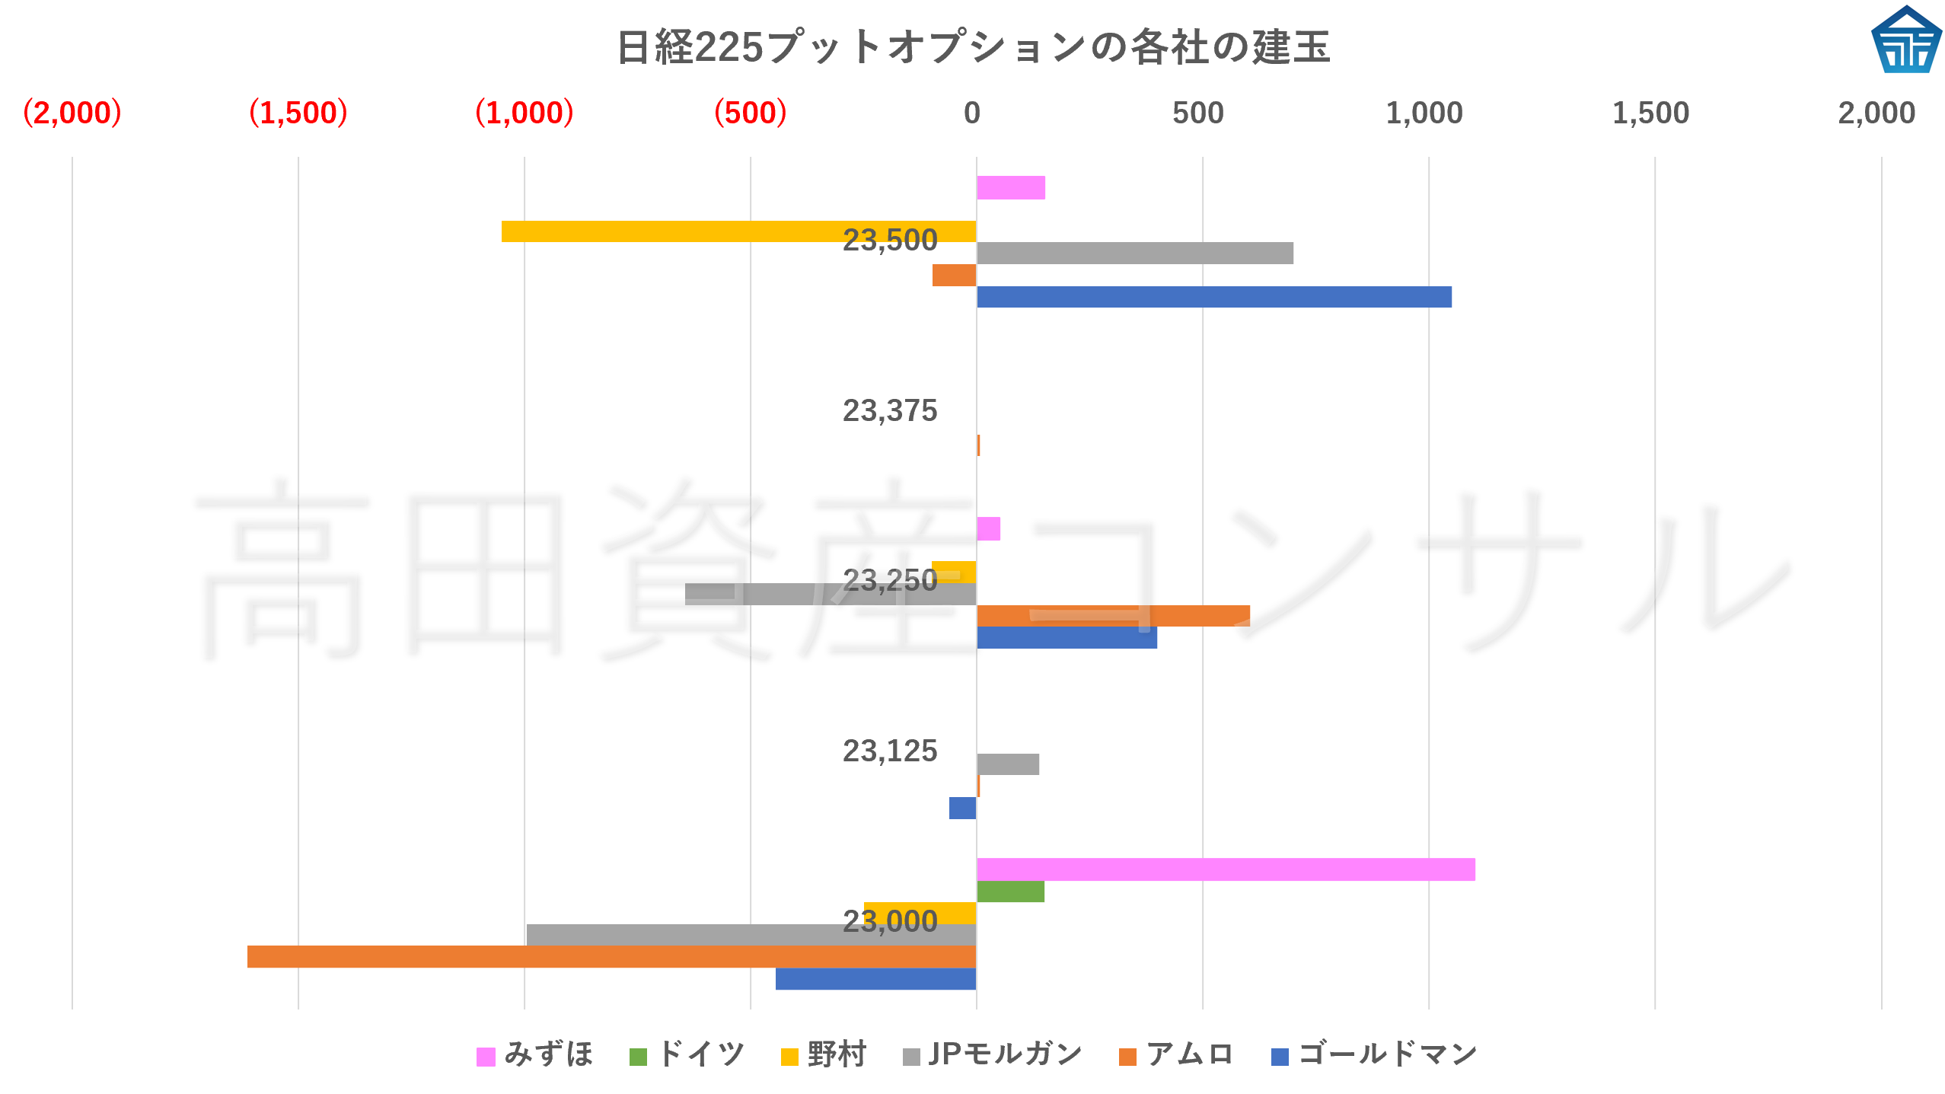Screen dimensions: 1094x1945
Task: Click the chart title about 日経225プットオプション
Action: pos(973,47)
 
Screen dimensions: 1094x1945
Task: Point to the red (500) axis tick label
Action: pos(750,113)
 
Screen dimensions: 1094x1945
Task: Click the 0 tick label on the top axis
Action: pos(971,113)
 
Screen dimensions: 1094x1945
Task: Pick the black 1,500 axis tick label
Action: pos(1650,113)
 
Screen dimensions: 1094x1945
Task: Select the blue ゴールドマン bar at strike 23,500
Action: pos(1213,297)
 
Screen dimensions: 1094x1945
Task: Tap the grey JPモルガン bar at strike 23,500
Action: pos(1134,254)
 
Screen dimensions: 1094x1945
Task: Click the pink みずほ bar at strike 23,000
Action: pos(1226,869)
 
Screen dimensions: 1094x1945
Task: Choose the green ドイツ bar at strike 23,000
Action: pos(1010,891)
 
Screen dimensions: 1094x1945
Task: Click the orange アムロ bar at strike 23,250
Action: pos(1113,616)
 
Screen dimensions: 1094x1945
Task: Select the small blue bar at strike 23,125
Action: pos(962,808)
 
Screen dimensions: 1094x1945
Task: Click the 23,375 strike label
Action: pos(889,411)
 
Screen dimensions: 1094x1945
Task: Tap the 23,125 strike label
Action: pos(889,751)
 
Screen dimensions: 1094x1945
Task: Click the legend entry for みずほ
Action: pos(534,1055)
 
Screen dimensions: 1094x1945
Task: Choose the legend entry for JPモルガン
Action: pos(993,1055)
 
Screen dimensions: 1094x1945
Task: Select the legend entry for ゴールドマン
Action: pos(1375,1055)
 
